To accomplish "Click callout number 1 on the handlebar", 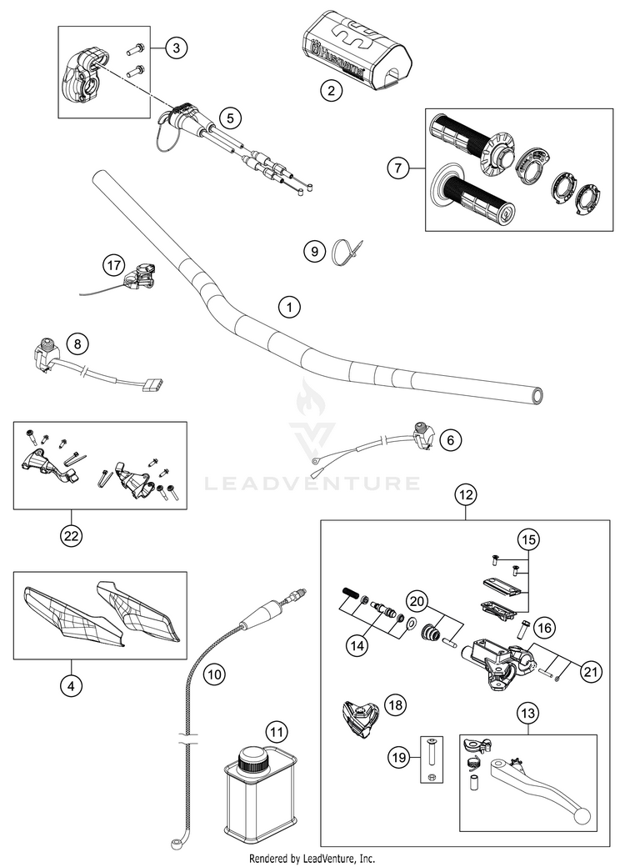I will click(x=289, y=307).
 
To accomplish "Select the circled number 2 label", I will click(x=332, y=92).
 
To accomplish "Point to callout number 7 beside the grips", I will click(x=398, y=168).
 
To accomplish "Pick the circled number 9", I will click(x=314, y=250).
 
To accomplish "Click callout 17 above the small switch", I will click(x=112, y=266).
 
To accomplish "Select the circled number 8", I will click(x=77, y=343).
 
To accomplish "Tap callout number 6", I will click(x=449, y=439).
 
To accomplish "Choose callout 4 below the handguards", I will click(x=71, y=686).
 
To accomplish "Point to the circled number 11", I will click(x=276, y=732).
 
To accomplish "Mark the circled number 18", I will click(x=395, y=705).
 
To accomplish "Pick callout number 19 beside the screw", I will click(x=399, y=757).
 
